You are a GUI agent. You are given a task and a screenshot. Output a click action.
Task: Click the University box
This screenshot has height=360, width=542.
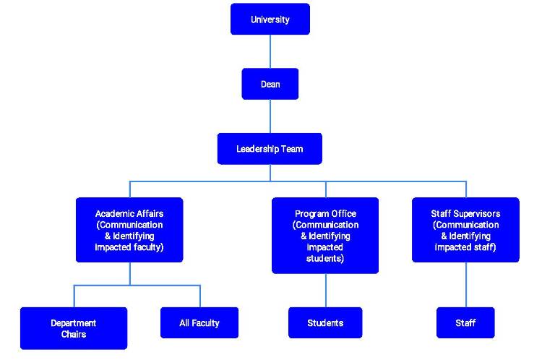point(270,20)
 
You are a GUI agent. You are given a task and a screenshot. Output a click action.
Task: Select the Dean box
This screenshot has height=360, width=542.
point(270,85)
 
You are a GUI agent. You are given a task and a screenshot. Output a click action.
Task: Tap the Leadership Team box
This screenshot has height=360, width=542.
point(270,149)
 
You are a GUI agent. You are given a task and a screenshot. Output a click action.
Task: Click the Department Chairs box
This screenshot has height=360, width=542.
point(73,328)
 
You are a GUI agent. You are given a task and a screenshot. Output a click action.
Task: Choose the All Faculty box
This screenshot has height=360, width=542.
point(199,322)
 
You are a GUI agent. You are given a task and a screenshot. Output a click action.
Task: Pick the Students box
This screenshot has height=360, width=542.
point(325,322)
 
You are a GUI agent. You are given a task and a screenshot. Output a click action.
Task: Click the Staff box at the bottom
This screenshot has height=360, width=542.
point(465,322)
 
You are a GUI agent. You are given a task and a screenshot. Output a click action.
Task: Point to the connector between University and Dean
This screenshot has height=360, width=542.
point(270,51)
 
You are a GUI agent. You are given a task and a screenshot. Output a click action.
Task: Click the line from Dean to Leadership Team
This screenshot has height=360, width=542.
point(270,116)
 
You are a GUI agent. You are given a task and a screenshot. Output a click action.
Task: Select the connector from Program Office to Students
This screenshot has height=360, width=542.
point(325,290)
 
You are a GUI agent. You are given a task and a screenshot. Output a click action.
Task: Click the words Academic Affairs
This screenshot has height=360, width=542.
point(129,214)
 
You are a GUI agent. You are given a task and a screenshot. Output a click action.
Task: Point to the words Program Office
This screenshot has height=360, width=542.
point(325,214)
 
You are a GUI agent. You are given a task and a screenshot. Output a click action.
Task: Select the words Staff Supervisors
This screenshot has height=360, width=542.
point(465,214)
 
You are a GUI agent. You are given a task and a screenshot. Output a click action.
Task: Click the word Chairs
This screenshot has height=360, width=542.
point(73,334)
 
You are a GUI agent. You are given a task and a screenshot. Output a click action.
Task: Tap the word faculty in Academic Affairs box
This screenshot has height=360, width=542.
point(146,247)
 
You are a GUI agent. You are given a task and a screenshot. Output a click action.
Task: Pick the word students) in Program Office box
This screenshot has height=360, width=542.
point(325,258)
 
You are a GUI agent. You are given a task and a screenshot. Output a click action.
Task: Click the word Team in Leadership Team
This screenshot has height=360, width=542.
point(292,149)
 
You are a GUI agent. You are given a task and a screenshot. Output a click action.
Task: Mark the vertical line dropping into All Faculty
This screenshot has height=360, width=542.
point(199,296)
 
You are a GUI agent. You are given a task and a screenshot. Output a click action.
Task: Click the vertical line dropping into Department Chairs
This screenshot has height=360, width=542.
point(74,296)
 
